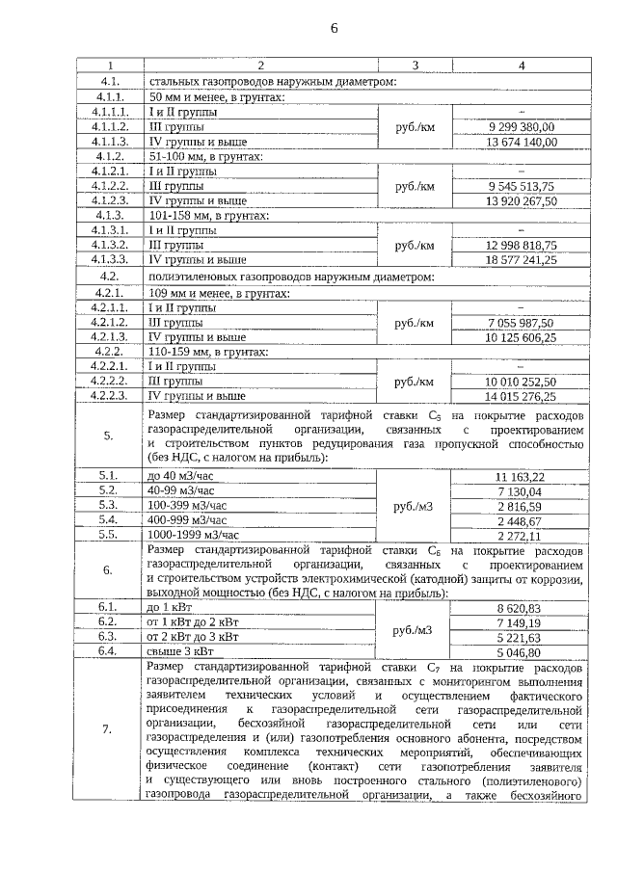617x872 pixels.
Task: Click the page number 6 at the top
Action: tap(334, 28)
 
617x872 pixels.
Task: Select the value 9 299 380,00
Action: tap(522, 126)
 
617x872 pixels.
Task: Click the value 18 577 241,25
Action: tap(522, 260)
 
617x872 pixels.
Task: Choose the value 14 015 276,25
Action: tap(522, 394)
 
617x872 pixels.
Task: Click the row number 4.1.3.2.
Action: tap(111, 245)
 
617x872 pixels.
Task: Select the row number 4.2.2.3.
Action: tap(111, 394)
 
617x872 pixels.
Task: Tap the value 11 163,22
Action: tap(522, 476)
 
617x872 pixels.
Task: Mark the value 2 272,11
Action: tap(522, 535)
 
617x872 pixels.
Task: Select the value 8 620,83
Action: tap(522, 609)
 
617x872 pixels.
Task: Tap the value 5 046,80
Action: tap(522, 652)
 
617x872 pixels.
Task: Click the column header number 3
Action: tap(415, 66)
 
